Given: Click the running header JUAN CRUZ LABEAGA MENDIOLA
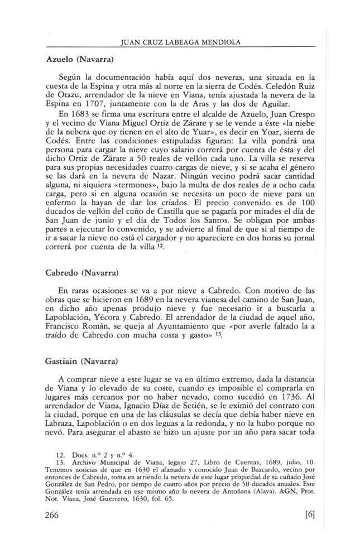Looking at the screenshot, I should pyautogui.click(x=180, y=40).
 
